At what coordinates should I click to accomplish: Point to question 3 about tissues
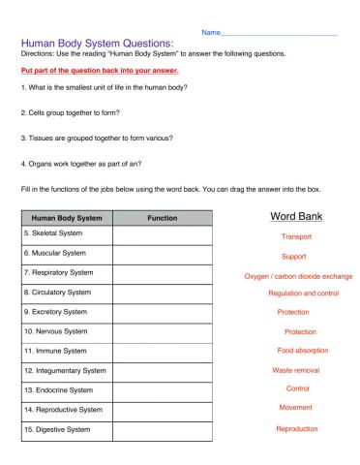pyautogui.click(x=96, y=137)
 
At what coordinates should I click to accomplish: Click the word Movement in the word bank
pyautogui.click(x=295, y=408)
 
